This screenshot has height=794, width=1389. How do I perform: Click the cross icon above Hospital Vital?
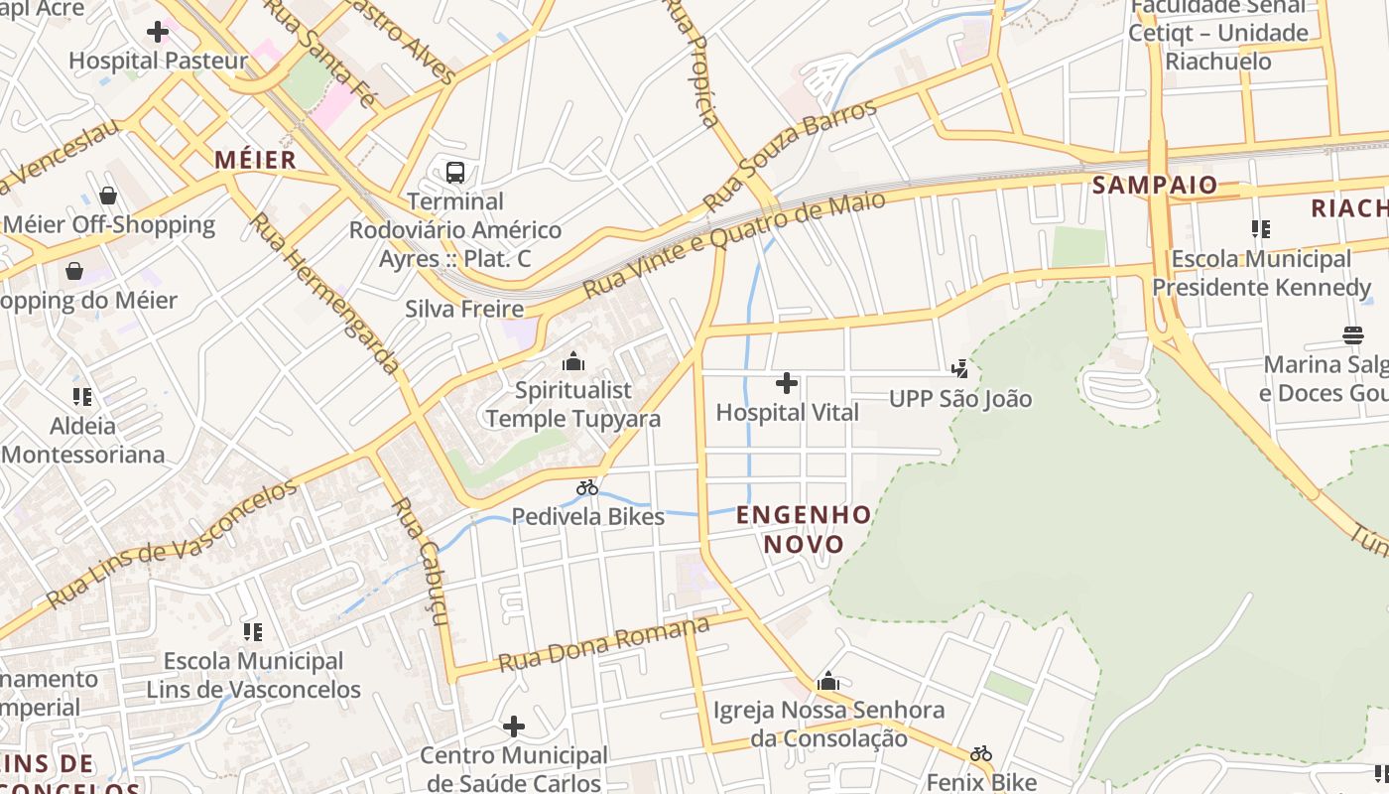click(x=786, y=383)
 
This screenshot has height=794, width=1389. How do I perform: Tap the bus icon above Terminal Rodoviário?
click(x=454, y=173)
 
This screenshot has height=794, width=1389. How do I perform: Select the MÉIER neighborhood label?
click(x=255, y=160)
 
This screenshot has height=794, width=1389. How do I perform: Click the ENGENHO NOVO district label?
click(x=804, y=529)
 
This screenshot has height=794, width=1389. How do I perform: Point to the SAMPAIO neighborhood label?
click(x=1154, y=186)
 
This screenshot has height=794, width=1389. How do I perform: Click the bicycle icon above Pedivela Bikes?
click(x=587, y=487)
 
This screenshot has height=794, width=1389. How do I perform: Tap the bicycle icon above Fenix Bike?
click(x=981, y=753)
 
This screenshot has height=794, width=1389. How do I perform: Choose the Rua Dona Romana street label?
click(x=603, y=644)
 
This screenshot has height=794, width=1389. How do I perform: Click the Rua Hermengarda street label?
click(x=323, y=293)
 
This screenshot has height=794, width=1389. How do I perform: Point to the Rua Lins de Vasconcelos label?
click(x=171, y=544)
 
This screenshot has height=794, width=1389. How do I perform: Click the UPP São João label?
click(x=960, y=399)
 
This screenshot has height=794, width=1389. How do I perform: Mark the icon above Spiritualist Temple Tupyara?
click(x=572, y=361)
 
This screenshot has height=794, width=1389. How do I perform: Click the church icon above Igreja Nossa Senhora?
click(x=827, y=681)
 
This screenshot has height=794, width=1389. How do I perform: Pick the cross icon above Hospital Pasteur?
click(x=157, y=32)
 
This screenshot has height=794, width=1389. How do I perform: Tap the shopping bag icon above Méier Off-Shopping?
click(x=108, y=196)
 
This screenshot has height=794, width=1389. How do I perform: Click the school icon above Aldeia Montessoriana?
click(x=82, y=397)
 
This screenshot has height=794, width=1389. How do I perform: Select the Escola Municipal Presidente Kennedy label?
click(x=1260, y=273)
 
